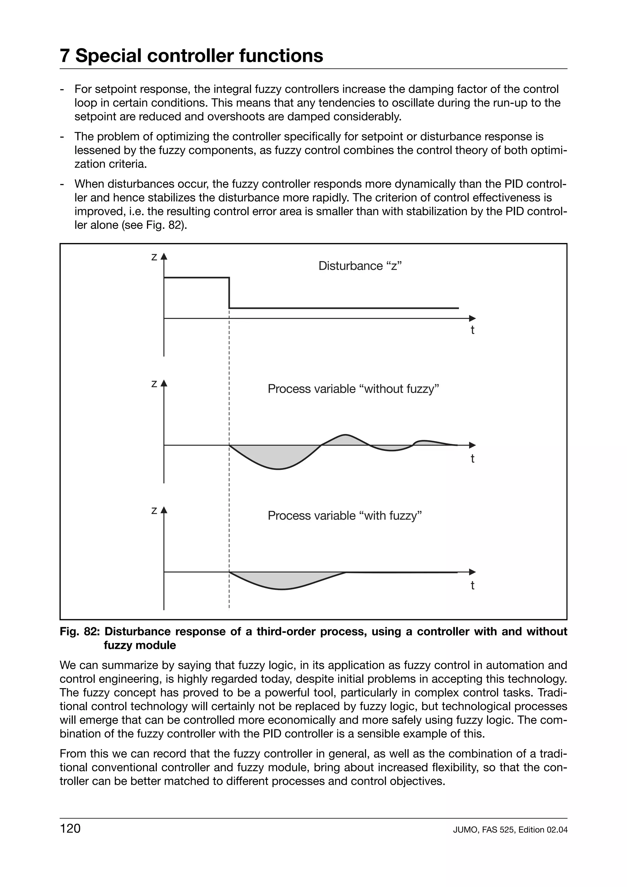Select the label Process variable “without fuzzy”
pyautogui.click(x=354, y=389)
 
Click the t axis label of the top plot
pyautogui.click(x=472, y=330)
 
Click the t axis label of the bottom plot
pyautogui.click(x=472, y=585)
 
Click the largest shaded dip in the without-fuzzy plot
pyautogui.click(x=274, y=456)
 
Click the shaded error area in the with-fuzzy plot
pyautogui.click(x=282, y=579)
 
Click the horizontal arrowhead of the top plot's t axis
pyautogui.click(x=472, y=318)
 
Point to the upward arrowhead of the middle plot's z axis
pyautogui.click(x=164, y=383)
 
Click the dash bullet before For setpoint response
pyautogui.click(x=62, y=89)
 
